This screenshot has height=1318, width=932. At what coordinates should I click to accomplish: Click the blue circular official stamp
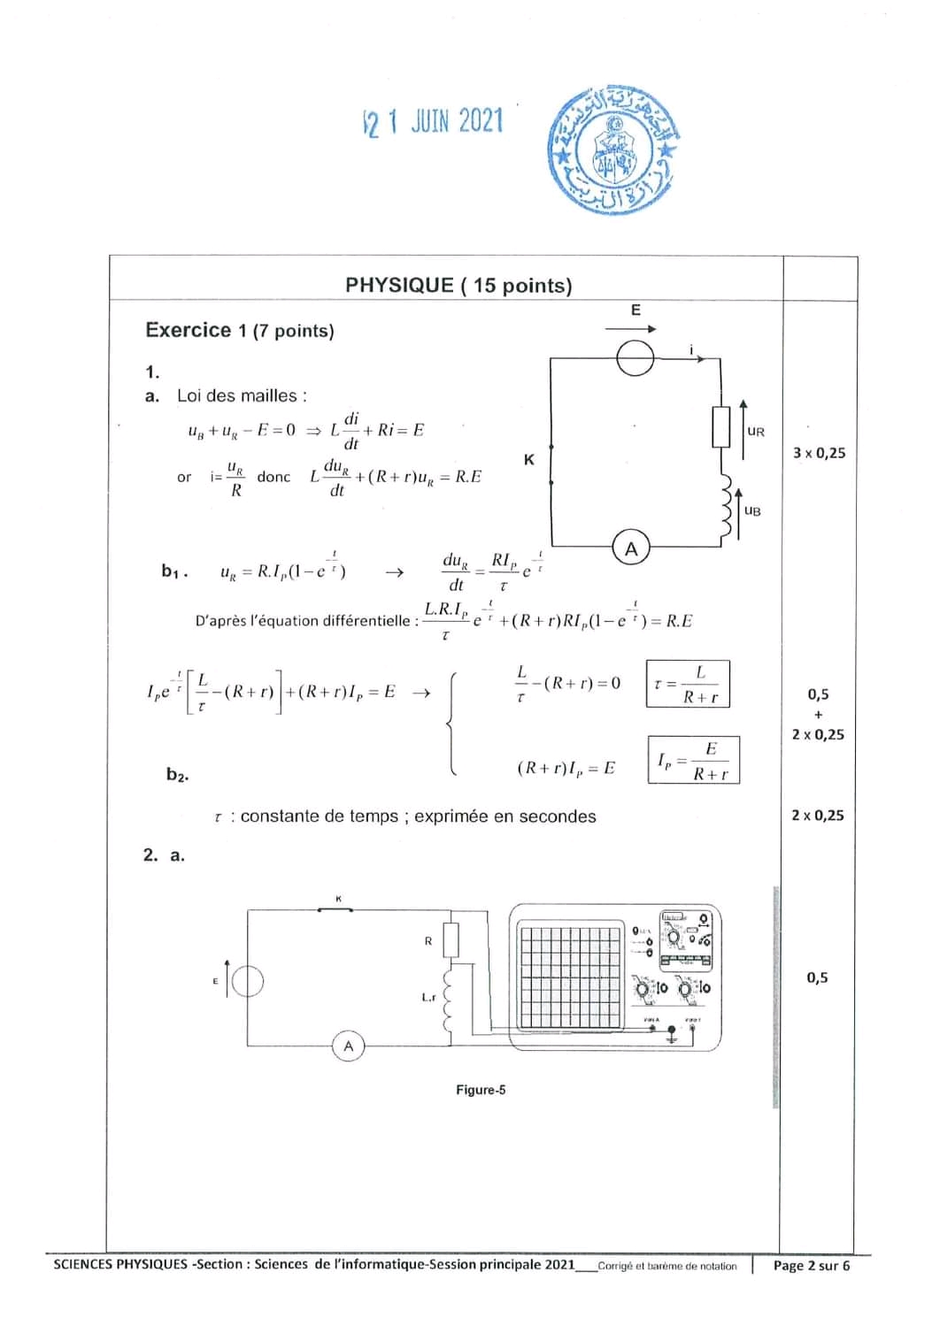pos(611,150)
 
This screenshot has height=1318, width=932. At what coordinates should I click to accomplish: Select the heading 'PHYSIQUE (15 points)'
pos(458,285)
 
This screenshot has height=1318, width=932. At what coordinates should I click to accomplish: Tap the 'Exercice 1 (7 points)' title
pos(240,331)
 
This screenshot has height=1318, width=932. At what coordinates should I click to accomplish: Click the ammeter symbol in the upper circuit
pos(631,548)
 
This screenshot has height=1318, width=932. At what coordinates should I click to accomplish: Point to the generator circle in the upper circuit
pos(635,358)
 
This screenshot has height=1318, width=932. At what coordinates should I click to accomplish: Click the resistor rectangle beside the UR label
pos(721,427)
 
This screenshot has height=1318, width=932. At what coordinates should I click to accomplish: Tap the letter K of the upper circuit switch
pos(529,460)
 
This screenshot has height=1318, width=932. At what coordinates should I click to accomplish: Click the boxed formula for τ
pos(688,684)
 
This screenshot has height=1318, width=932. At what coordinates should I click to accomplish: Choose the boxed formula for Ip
pos(693,760)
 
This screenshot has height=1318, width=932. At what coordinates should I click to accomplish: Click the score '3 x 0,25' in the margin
pos(819,453)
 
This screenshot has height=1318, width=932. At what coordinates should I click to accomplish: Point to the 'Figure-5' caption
pos(481,1090)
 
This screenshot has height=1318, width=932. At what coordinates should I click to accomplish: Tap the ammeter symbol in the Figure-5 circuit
pos(349,1046)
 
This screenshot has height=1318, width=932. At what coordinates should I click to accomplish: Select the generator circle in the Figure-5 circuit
pos(247,980)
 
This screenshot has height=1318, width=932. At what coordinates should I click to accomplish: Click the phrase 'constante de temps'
pos(320,816)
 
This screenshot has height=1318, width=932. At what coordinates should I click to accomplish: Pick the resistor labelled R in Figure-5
pos(451,940)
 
